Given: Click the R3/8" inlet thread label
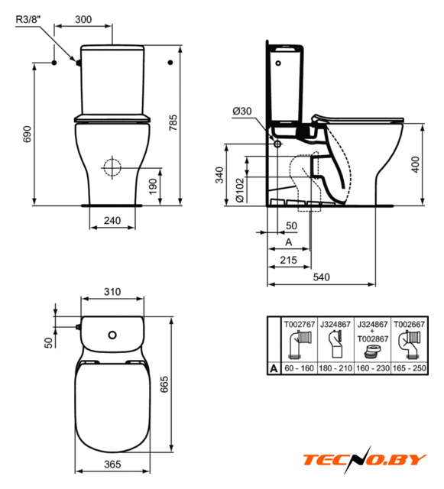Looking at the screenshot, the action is [28, 19].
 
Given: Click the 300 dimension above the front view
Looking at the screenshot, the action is [83, 19].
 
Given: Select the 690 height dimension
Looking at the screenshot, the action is [28, 134].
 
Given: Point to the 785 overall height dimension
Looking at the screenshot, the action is [173, 122].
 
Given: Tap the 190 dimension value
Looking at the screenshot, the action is [153, 186].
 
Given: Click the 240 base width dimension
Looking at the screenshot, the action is [112, 221].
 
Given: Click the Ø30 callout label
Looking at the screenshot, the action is [242, 111].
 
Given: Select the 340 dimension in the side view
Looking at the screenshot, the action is [219, 175].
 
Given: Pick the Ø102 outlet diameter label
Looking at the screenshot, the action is [240, 190].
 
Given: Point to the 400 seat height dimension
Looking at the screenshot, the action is [416, 164].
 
